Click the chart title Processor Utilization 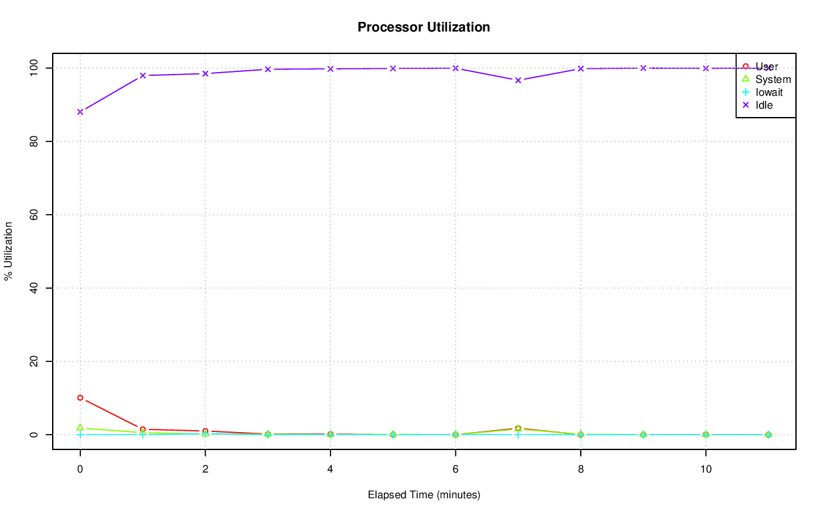[424, 28]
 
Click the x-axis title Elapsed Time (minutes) [424, 495]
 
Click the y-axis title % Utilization [8, 251]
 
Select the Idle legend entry [764, 105]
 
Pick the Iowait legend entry [769, 92]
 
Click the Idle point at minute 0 [80, 112]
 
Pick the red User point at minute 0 [80, 398]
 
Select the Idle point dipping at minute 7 [518, 80]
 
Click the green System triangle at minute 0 [80, 428]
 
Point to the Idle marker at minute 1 [143, 76]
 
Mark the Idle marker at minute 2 [205, 73]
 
